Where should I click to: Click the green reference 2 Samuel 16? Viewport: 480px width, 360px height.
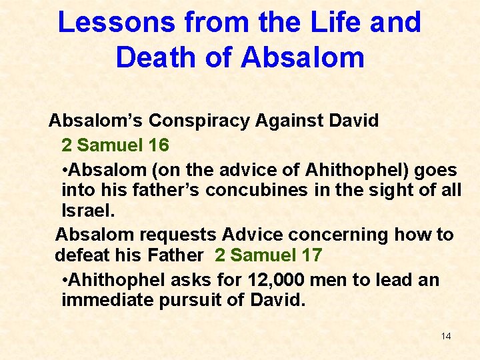tap(115, 145)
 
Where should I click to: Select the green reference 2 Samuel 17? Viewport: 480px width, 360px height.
tap(269, 255)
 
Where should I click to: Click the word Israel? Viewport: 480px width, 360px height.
tap(87, 211)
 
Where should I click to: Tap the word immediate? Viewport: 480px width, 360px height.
tap(107, 300)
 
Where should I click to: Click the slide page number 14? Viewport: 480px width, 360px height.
tap(445, 336)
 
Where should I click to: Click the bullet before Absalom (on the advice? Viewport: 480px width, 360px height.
tap(64, 170)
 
